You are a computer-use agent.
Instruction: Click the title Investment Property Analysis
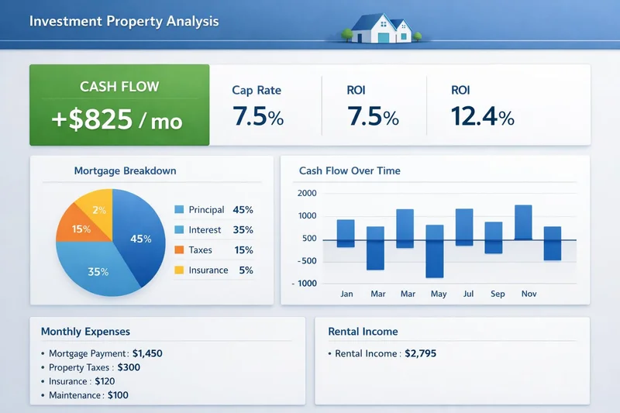point(124,21)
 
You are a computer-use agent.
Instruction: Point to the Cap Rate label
point(257,91)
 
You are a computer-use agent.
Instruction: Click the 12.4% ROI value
point(482,117)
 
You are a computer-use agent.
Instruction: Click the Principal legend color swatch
point(179,210)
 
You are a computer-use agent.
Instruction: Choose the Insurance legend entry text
point(208,270)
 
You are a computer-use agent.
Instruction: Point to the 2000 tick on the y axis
point(307,194)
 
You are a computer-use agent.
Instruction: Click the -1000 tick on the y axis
point(306,284)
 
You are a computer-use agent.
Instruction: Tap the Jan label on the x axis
point(346,294)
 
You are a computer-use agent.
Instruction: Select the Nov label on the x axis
point(529,294)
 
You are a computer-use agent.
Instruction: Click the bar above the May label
point(435,251)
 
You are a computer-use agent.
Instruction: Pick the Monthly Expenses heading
point(85,332)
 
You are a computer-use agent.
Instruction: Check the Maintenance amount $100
point(118,395)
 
